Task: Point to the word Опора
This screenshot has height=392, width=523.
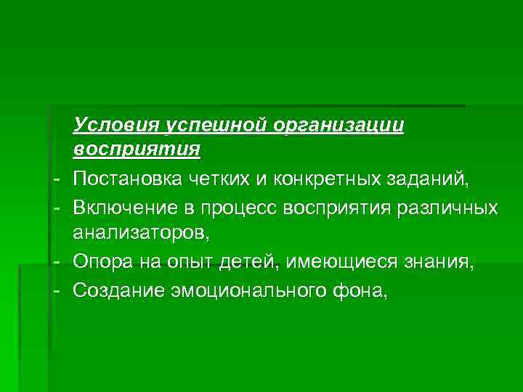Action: click(x=102, y=263)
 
